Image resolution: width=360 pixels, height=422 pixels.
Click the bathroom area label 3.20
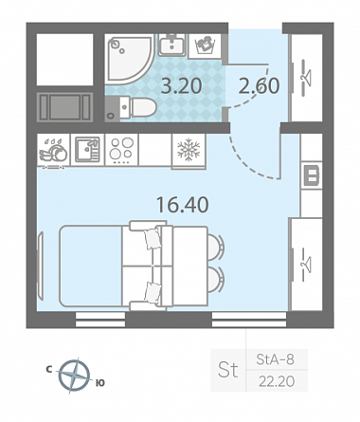click(181, 86)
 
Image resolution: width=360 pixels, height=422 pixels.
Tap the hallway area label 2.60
click(259, 86)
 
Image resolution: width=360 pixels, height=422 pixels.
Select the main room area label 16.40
click(183, 204)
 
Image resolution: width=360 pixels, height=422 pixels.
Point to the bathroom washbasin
click(172, 45)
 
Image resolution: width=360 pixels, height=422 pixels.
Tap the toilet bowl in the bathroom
click(138, 107)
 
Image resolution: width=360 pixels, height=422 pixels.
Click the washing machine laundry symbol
click(205, 45)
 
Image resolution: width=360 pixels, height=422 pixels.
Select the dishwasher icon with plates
click(53, 151)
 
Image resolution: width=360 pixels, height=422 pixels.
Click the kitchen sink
click(87, 149)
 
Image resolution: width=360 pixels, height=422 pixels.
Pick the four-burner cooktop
click(121, 149)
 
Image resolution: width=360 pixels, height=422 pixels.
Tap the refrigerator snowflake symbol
click(189, 149)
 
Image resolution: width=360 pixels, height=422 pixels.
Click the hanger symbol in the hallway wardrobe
click(306, 77)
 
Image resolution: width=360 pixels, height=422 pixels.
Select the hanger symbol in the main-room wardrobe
click(306, 264)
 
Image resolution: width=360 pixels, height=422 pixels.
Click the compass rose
click(74, 376)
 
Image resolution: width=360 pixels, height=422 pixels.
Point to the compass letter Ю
click(99, 383)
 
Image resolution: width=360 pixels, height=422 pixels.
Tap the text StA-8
click(275, 359)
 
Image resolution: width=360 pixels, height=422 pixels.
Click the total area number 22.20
click(277, 381)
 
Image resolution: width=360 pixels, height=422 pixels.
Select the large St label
click(227, 370)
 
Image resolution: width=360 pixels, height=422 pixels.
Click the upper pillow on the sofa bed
click(153, 238)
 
